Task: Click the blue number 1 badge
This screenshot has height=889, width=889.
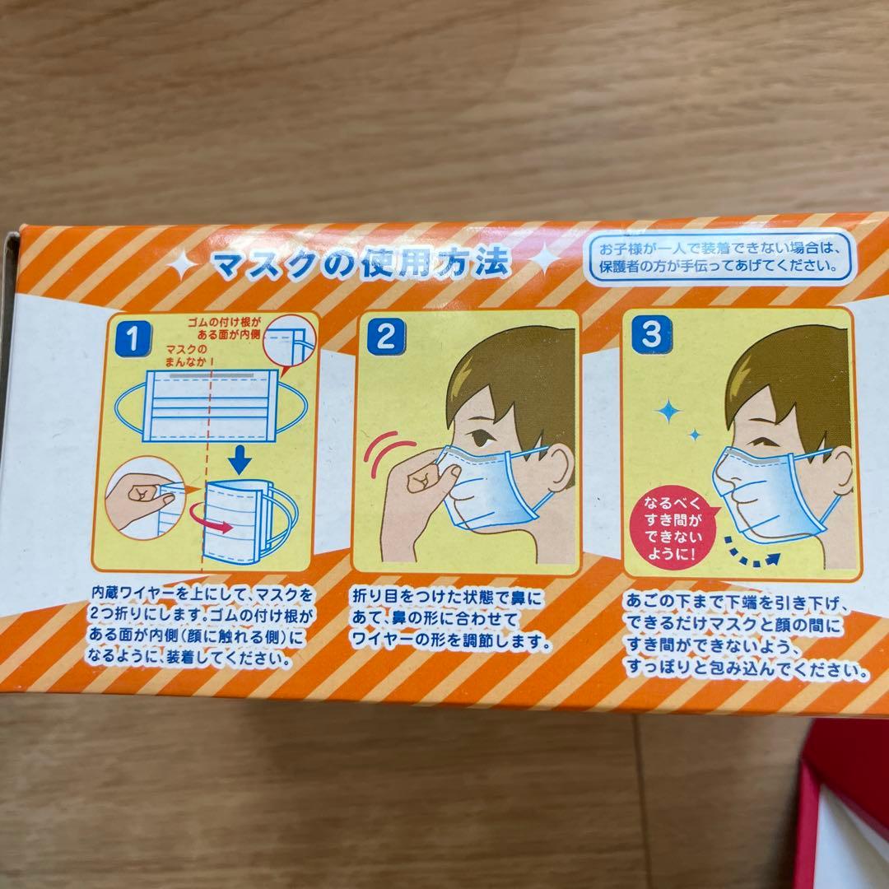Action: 133,338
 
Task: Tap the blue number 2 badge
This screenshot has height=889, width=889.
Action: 385,336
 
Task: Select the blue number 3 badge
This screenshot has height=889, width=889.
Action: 651,334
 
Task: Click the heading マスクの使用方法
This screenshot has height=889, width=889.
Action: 361,263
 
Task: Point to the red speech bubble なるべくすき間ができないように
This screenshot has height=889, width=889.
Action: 673,528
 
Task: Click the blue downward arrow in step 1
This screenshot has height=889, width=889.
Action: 240,460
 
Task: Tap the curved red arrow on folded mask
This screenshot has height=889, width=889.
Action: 210,517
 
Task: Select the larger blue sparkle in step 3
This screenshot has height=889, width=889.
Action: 669,411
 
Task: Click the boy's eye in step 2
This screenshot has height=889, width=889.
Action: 482,436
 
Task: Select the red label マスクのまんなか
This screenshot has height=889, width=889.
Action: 187,356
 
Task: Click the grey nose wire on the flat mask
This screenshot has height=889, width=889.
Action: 210,376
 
